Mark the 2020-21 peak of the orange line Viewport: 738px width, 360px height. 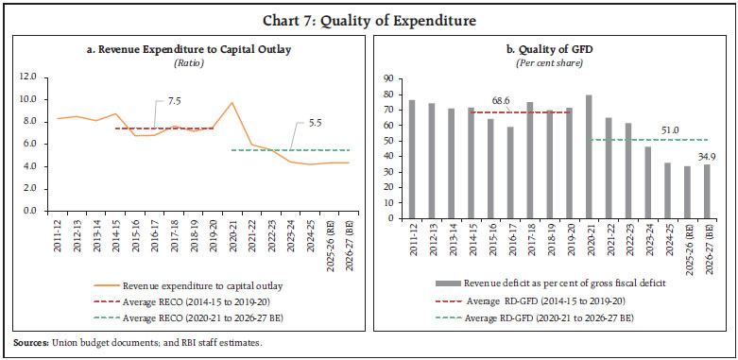[232, 103]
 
